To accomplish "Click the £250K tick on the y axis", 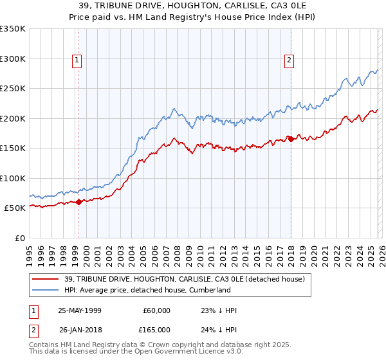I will click(13, 89).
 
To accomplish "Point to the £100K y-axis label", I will click(13, 178).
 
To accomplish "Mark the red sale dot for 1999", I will click(79, 202).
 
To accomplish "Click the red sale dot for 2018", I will click(291, 139).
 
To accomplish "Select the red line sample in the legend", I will click(47, 278).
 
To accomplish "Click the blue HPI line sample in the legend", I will click(47, 290).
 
